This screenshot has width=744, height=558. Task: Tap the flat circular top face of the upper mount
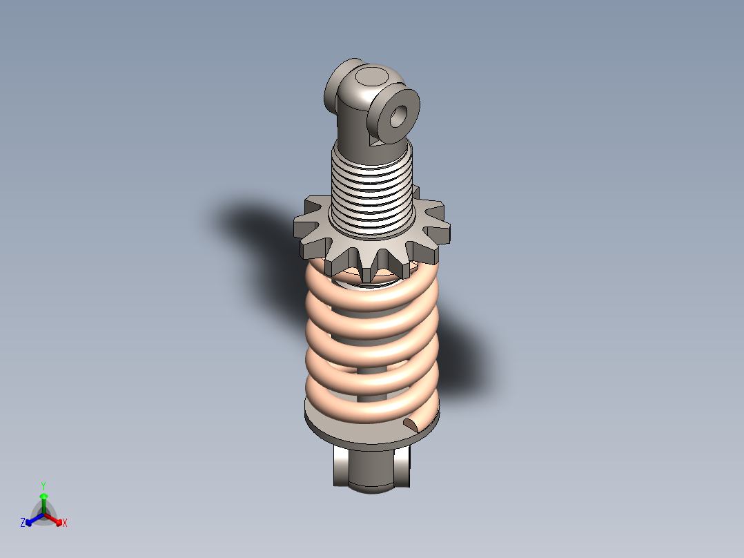[x=373, y=76]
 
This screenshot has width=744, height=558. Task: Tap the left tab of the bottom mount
[x=341, y=466]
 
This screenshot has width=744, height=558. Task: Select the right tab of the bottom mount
[x=402, y=466]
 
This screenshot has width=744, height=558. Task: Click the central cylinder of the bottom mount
[x=371, y=471]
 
